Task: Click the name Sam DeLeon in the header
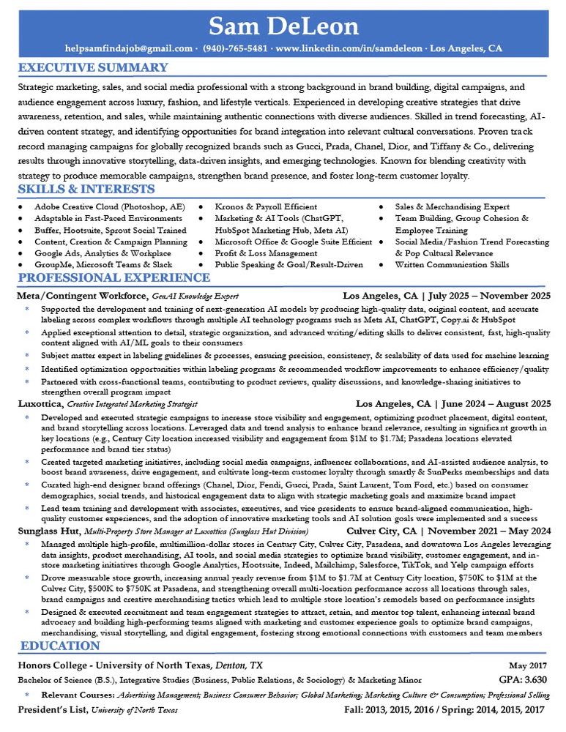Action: click(283, 26)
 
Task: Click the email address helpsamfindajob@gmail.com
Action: click(129, 49)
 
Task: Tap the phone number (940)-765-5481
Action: click(237, 49)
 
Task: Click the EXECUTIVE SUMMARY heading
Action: click(93, 68)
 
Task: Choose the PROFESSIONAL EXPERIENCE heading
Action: click(113, 278)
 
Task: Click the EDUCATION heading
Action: click(60, 646)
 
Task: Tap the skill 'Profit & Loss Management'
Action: click(256, 253)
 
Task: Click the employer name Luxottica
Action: click(40, 403)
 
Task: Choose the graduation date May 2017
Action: click(528, 665)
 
